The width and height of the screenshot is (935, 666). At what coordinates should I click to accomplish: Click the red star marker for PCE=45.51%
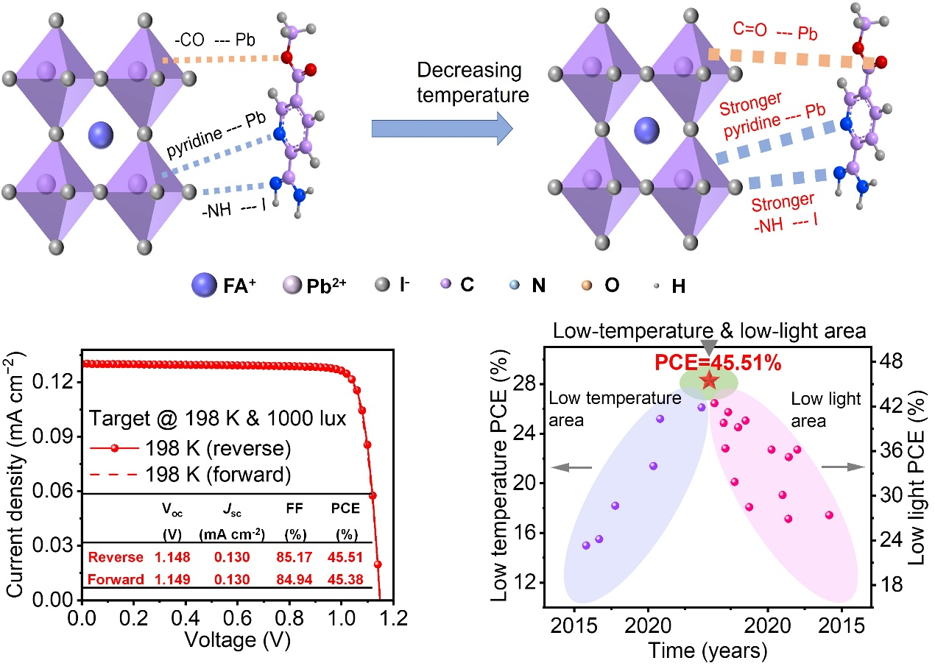tap(709, 380)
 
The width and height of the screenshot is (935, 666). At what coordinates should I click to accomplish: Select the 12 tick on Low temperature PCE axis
tap(523, 583)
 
